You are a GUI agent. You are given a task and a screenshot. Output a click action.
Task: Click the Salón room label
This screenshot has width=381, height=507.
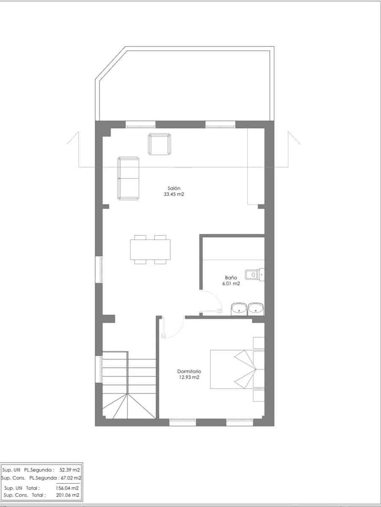174,188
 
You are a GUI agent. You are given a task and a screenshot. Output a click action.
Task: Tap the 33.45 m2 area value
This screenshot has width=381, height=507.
174,195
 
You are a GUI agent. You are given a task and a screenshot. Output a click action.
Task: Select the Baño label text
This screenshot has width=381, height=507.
231,278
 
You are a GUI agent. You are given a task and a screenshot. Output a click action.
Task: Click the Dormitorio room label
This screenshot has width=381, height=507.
189,371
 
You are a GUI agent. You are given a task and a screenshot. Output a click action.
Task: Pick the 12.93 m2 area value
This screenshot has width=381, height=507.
188,377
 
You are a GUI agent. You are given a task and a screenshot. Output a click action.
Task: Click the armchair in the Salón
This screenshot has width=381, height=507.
159,144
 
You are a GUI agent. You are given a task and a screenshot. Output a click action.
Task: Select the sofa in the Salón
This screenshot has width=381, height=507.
129,178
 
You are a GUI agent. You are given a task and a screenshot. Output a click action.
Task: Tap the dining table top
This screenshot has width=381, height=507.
150,250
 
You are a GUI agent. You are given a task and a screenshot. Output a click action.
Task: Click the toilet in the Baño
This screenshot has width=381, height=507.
253,275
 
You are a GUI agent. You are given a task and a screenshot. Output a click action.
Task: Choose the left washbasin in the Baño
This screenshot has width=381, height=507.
239,309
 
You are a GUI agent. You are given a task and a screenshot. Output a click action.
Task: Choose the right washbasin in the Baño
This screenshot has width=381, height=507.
256,309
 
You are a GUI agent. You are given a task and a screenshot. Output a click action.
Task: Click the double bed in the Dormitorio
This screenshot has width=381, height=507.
237,369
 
